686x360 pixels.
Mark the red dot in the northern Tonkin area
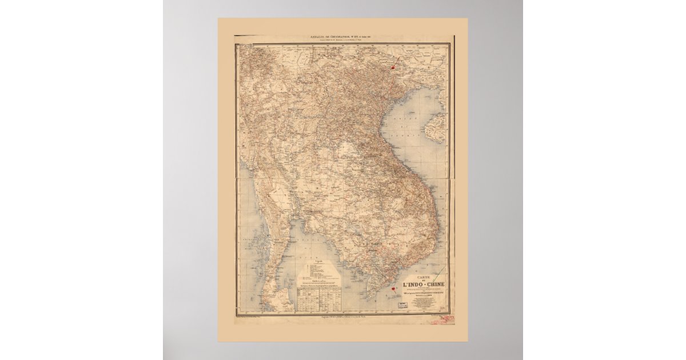393,67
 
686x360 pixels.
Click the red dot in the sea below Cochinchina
393,289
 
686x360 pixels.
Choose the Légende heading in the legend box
318,261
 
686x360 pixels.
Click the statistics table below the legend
319,298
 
